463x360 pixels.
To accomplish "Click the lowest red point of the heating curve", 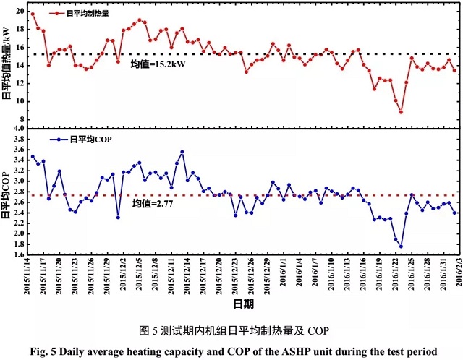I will (x=401, y=112).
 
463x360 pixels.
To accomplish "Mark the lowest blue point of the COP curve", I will (x=401, y=247).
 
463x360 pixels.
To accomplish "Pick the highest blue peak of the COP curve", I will (x=182, y=152).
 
